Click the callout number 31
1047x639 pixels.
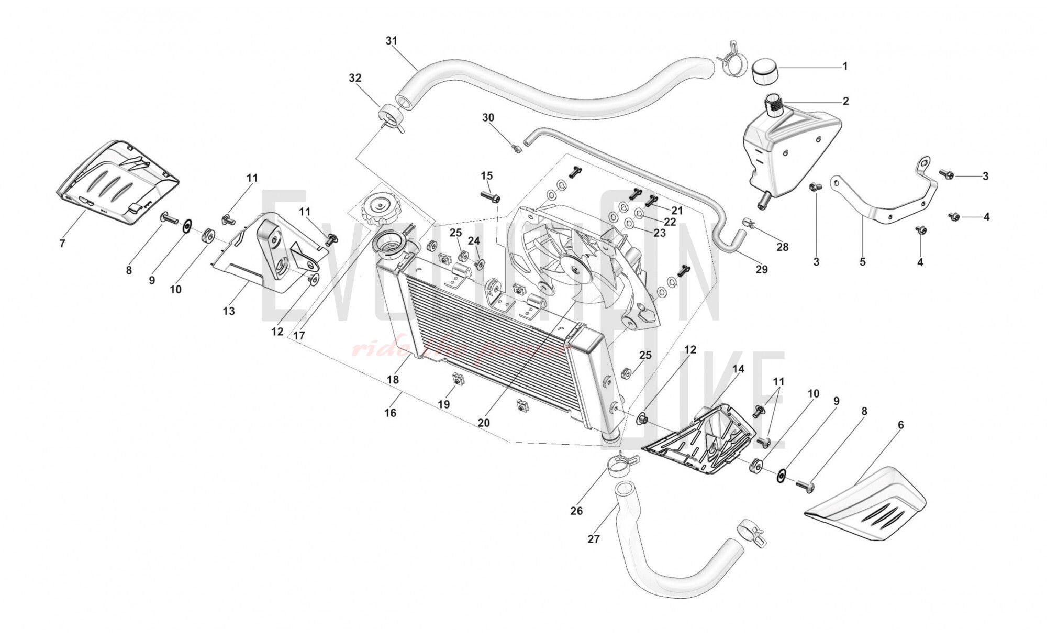coord(392,41)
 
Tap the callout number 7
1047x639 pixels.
coord(62,244)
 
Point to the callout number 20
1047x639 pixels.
coord(483,422)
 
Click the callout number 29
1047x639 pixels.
coord(762,269)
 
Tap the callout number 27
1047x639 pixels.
coord(593,539)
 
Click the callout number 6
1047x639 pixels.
coord(900,425)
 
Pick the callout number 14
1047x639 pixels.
coord(738,369)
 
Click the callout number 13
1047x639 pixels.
coord(229,311)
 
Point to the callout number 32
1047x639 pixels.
coord(355,78)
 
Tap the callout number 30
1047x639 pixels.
coord(488,118)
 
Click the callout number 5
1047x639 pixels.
coord(863,262)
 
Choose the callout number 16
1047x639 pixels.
coord(390,413)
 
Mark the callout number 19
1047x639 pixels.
coord(444,404)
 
